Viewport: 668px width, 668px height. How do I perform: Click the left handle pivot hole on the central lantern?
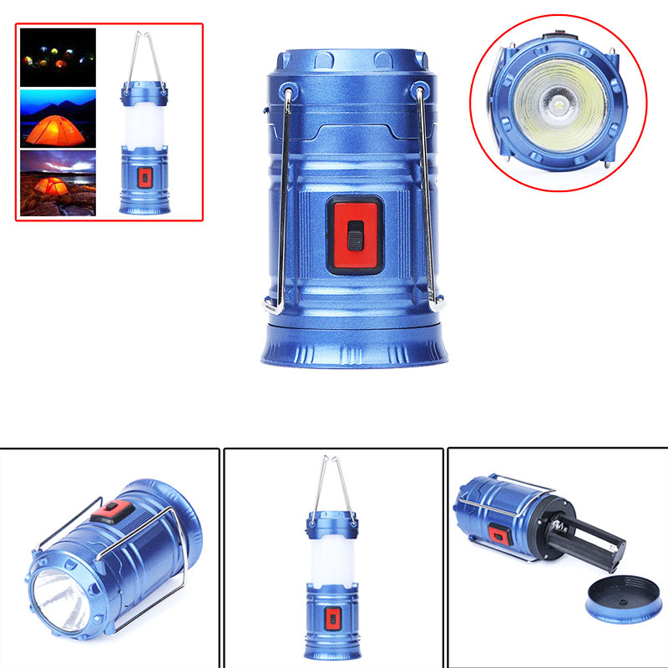pos(287,92)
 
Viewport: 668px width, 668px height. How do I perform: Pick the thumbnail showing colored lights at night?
pos(58,58)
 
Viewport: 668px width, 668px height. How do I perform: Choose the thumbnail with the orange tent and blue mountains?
pos(58,118)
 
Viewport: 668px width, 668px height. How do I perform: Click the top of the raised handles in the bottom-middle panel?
pos(331,459)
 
